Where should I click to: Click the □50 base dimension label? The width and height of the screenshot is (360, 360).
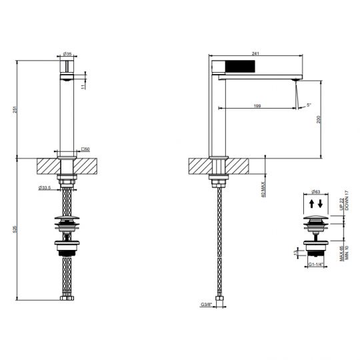(x=85, y=149)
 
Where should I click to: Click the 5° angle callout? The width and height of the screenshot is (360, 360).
(x=309, y=105)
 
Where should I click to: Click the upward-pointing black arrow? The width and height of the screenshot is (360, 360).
(x=312, y=203)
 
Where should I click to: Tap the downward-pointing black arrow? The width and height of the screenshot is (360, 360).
(x=321, y=203)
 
